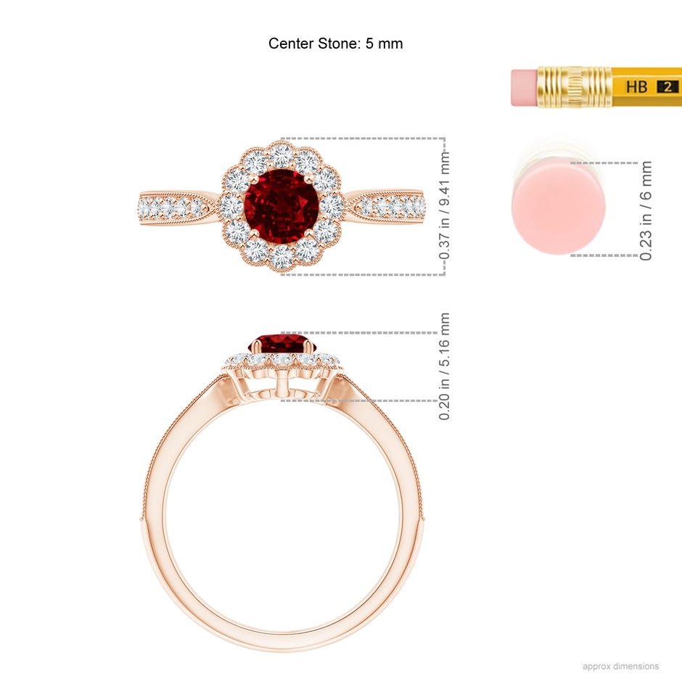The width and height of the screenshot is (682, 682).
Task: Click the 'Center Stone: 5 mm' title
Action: tap(335, 44)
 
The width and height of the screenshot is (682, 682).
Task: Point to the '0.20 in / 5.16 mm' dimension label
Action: tap(445, 366)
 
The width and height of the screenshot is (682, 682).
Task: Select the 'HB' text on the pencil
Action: tap(636, 87)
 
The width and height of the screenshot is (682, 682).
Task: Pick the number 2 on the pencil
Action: tap(665, 87)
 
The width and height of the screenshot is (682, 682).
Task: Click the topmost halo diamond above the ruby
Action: tap(282, 155)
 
